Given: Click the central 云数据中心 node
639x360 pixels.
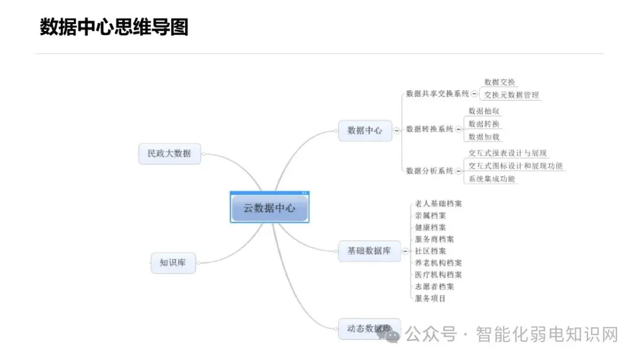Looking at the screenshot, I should [x=269, y=208].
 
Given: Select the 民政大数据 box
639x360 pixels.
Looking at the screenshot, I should [x=169, y=153].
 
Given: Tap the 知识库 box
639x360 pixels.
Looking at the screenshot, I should [x=173, y=262].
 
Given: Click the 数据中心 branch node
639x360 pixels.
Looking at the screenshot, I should [x=365, y=130].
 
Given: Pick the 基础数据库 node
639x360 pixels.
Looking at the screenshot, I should [x=369, y=250].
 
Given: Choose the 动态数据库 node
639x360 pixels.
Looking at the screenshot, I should [x=369, y=328].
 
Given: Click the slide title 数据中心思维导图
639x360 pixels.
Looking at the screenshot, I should [x=114, y=27].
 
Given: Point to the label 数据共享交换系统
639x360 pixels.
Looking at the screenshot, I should [x=437, y=94].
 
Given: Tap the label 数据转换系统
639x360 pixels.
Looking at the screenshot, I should [x=430, y=129].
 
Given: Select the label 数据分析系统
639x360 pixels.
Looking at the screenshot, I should [x=430, y=171].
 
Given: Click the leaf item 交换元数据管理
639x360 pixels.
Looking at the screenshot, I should [x=511, y=95].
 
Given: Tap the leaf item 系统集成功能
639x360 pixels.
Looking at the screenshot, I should [x=492, y=179].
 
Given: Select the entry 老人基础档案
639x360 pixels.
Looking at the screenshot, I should [x=438, y=204].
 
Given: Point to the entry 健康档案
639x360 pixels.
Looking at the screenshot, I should [x=431, y=227].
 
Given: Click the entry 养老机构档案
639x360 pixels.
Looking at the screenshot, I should [x=438, y=263].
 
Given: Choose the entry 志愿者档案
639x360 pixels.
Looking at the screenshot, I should [x=435, y=287].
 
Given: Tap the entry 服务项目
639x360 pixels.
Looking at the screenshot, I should [x=431, y=298].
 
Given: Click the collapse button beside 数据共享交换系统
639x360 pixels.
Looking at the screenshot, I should [x=475, y=94].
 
